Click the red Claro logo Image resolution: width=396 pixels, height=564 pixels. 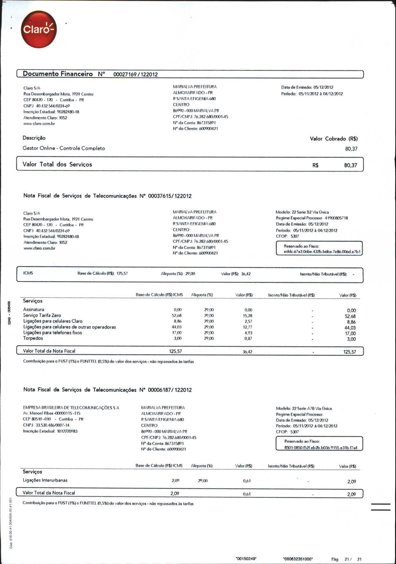pos(39,29)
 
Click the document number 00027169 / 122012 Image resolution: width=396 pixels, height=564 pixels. pos(135,74)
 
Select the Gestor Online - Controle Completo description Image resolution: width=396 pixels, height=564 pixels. pos(64,148)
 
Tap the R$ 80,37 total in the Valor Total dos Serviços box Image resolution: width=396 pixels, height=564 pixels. pos(350,165)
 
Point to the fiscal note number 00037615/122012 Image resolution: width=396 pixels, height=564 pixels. pos(170,196)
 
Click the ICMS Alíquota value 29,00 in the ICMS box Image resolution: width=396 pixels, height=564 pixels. pos(190,274)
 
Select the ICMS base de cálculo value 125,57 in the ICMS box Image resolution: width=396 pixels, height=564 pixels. pos(122,273)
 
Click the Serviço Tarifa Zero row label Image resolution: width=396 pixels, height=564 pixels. pos(42,315)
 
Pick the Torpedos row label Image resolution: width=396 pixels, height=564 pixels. pos(33,338)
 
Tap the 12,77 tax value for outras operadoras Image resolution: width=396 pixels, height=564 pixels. pos(247,327)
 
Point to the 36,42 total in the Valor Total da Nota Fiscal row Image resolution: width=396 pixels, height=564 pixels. pos(247,352)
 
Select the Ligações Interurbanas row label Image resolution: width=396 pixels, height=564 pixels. pos(45,480)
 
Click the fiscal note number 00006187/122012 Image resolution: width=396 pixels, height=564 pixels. pos(170,390)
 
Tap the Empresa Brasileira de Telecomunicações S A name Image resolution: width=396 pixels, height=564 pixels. pos(71,408)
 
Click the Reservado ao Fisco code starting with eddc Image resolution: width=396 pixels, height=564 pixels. pos(322,252)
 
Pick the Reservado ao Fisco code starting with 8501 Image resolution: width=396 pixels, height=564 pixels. pos(321,448)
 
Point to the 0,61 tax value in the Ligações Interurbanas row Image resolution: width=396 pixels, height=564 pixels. pos(247,481)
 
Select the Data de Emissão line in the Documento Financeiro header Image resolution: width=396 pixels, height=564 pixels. pos(307,87)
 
